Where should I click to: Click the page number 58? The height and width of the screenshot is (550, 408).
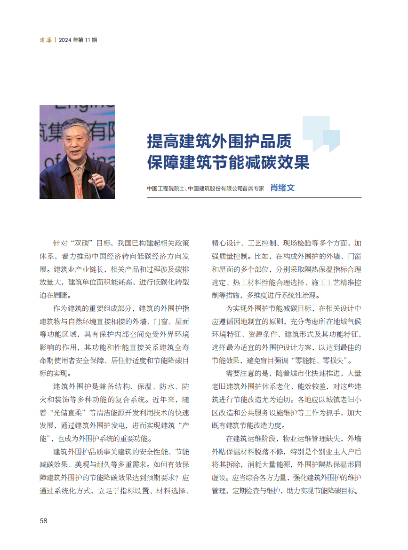click(43, 520)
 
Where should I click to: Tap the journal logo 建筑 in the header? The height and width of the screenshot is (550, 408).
click(45, 40)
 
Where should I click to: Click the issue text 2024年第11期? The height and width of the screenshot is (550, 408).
click(78, 40)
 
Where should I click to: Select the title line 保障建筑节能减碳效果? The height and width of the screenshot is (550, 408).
click(228, 162)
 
